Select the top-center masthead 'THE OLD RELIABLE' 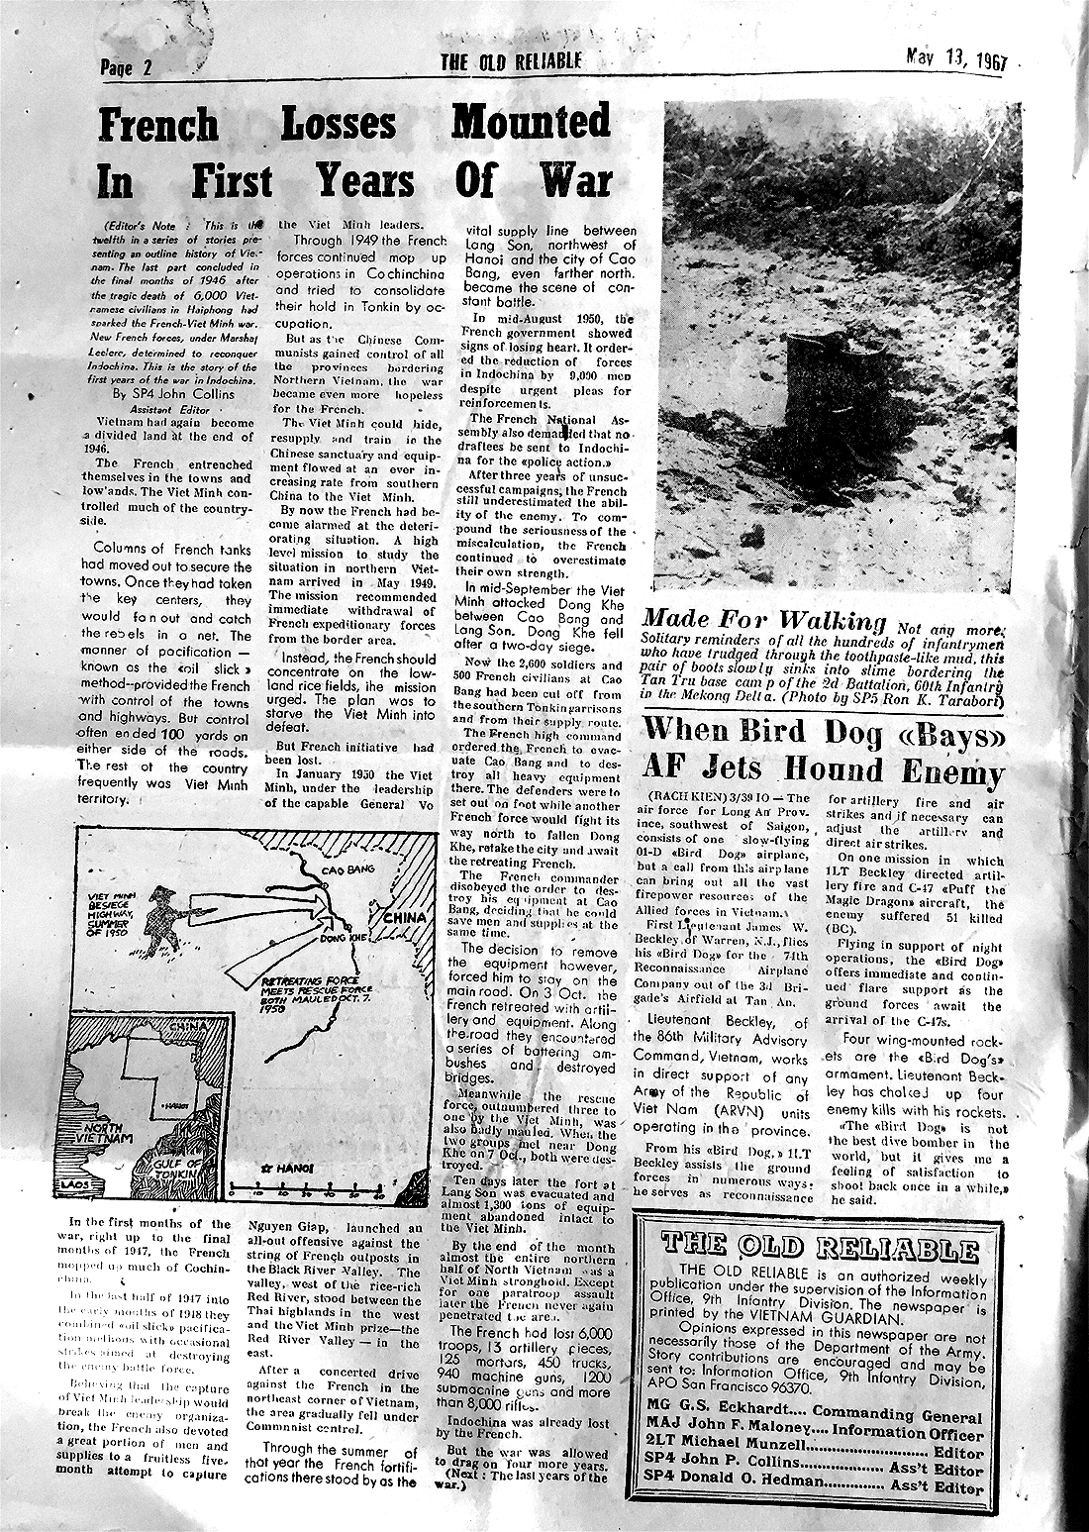[511, 62]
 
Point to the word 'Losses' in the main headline [338, 126]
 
